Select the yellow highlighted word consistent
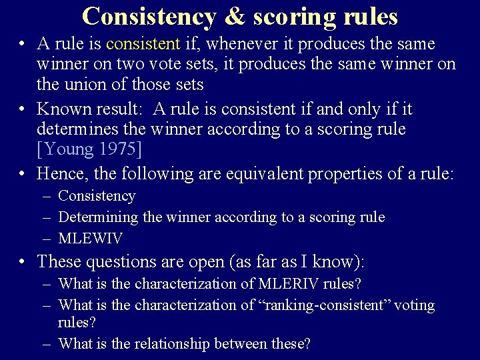(143, 45)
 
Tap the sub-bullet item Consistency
(97, 196)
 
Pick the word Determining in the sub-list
(98, 217)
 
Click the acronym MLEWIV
(90, 238)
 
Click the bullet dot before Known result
(23, 109)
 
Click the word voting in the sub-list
(414, 305)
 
